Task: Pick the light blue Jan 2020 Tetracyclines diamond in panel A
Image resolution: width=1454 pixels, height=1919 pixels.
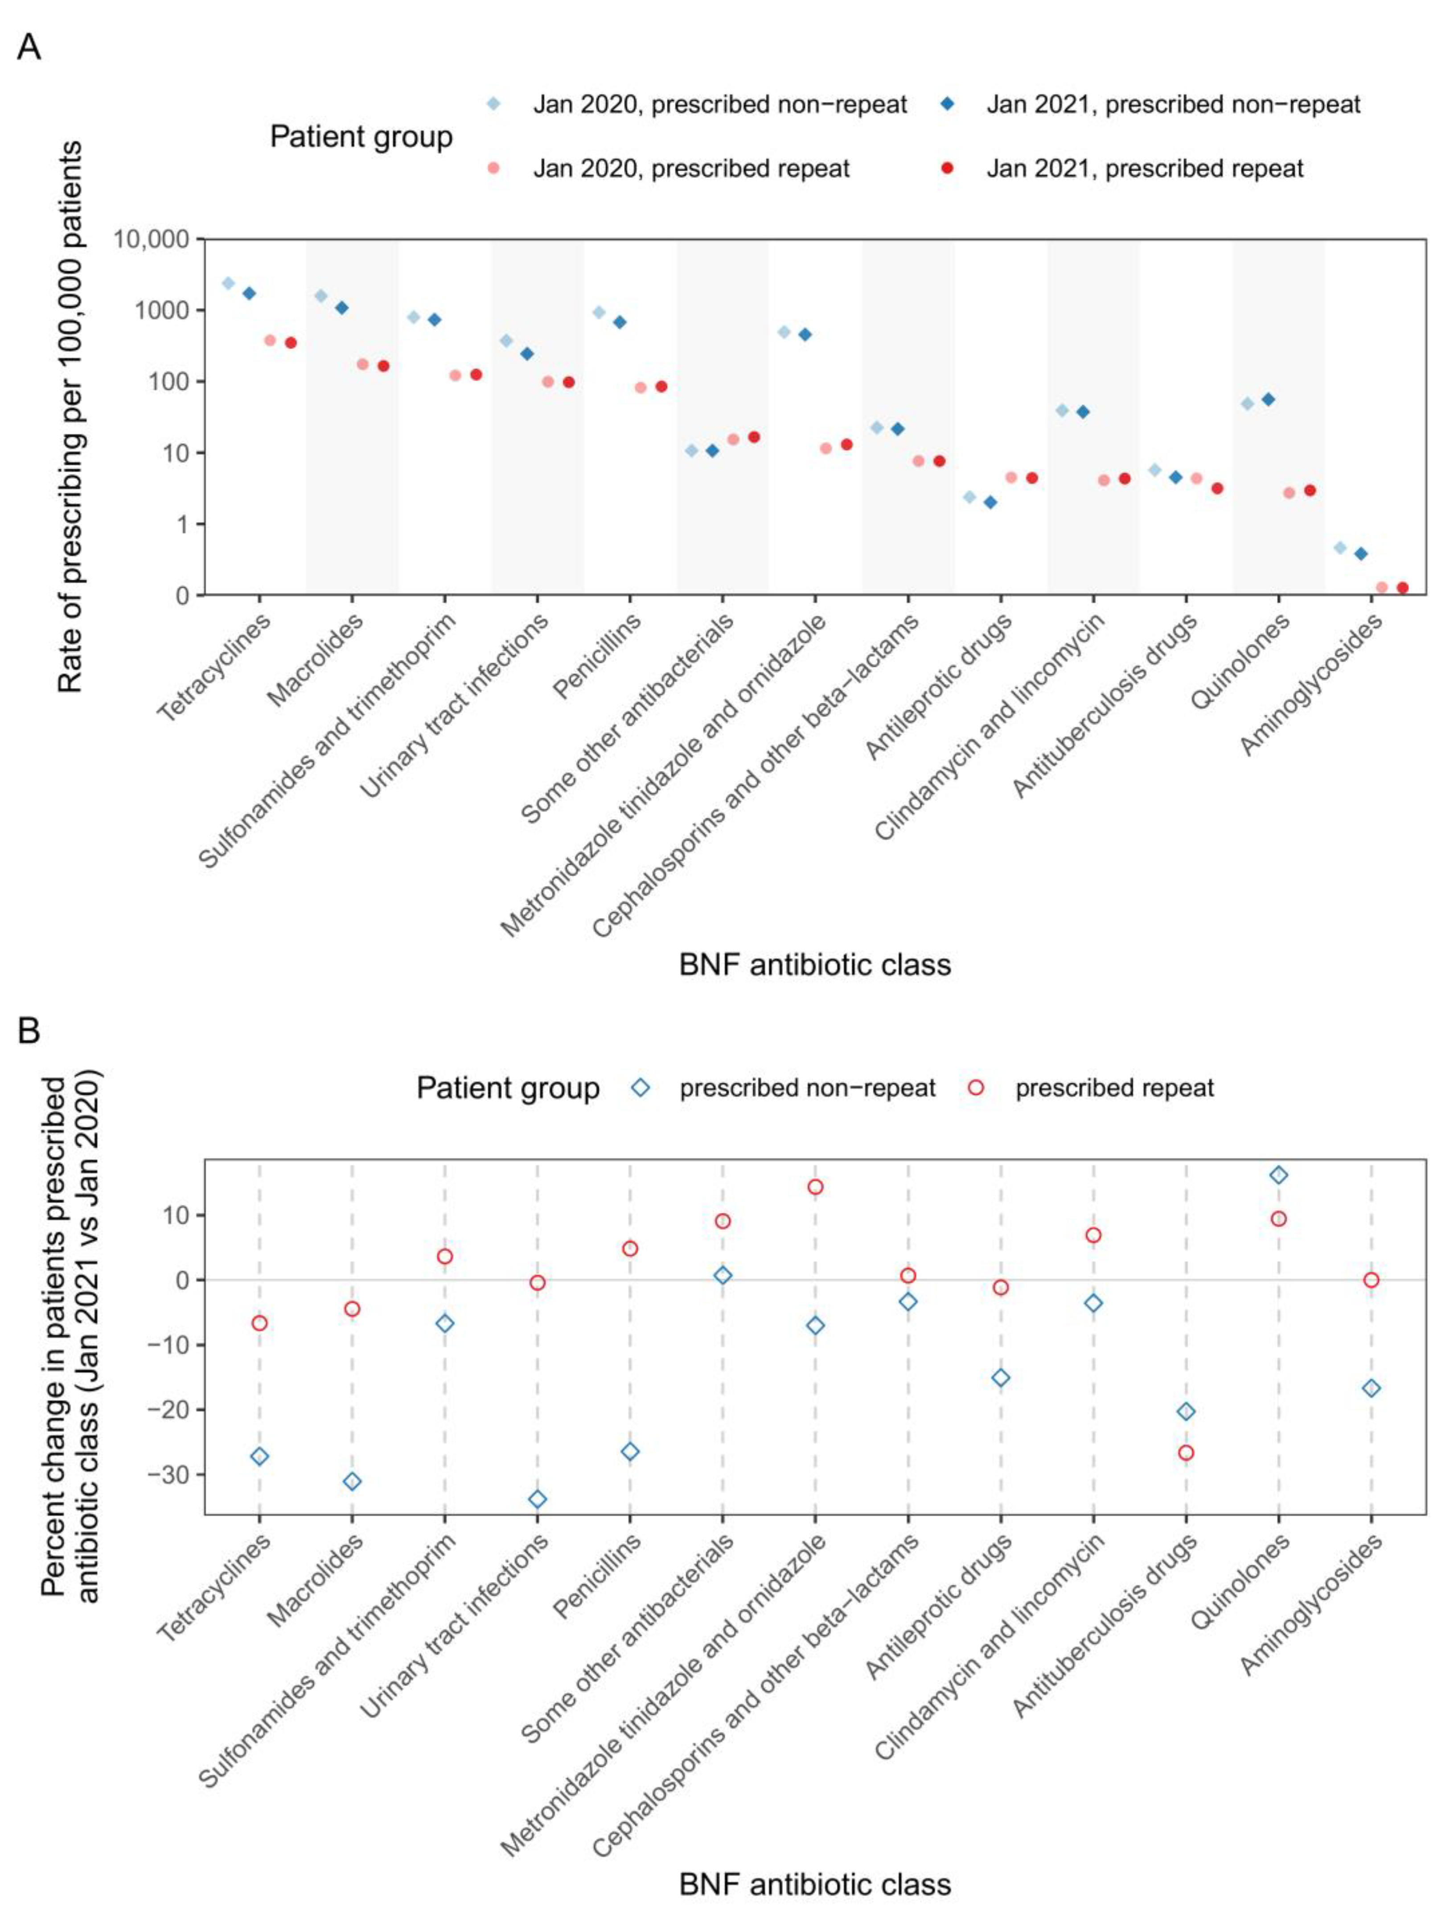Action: point(228,283)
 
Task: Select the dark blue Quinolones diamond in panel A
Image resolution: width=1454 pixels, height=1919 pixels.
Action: point(1268,399)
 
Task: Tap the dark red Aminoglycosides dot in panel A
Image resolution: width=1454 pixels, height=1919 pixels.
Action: point(1402,587)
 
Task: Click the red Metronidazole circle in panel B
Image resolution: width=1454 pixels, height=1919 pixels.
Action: point(816,1187)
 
